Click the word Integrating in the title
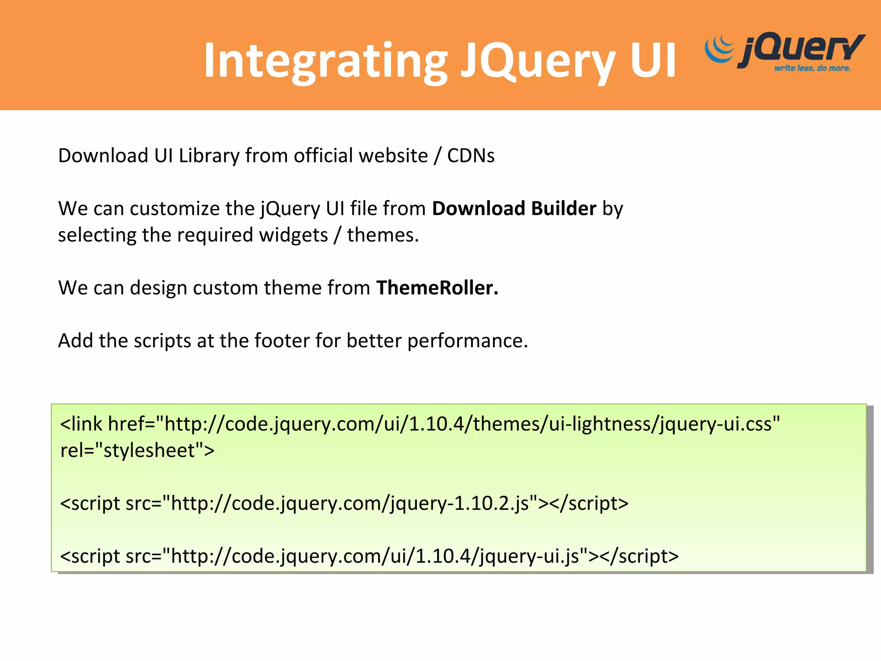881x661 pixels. tap(325, 61)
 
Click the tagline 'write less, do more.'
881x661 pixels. tap(812, 68)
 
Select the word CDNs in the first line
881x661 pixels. tap(471, 155)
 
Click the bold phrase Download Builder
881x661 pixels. tap(514, 208)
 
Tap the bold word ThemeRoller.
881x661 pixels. tap(437, 287)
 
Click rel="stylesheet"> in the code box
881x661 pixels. tap(137, 451)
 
